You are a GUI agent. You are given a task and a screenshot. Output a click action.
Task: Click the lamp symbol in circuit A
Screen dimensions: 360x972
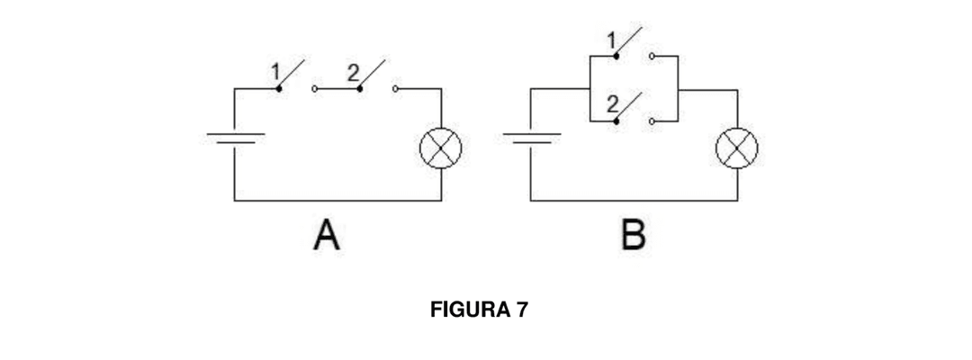tap(441, 148)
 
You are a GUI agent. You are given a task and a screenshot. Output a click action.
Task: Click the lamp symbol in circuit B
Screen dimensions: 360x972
tap(736, 148)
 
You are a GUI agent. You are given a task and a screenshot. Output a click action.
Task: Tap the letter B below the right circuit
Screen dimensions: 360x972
tap(633, 235)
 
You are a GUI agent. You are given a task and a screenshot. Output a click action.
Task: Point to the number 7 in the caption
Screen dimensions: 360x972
tap(522, 310)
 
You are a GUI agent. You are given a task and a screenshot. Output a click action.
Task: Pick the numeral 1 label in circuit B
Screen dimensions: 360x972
tap(612, 40)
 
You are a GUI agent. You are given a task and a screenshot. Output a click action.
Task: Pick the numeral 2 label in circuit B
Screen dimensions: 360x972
tap(612, 103)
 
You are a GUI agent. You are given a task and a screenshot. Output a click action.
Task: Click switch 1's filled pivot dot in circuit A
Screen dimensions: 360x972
tap(278, 89)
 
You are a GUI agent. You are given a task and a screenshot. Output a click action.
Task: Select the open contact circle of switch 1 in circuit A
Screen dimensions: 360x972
tap(313, 89)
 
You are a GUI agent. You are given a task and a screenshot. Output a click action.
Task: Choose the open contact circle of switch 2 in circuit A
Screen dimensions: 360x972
tap(395, 89)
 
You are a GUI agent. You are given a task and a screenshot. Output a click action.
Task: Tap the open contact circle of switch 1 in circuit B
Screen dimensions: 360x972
tap(651, 56)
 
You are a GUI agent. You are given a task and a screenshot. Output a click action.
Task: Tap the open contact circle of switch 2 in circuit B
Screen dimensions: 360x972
tap(651, 119)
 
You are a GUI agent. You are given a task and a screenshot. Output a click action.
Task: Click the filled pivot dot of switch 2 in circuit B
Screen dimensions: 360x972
tap(616, 119)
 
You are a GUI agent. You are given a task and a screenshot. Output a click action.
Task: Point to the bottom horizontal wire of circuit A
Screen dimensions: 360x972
tap(337, 201)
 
